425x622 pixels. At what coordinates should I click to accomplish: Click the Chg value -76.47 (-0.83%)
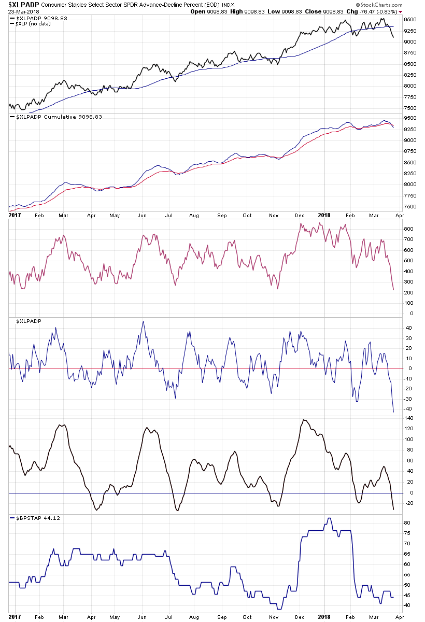pyautogui.click(x=375, y=11)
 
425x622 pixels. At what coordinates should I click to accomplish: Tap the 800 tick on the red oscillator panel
pyautogui.click(x=408, y=229)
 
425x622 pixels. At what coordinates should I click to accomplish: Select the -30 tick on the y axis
pyautogui.click(x=408, y=399)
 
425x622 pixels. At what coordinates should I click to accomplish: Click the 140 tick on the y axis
pyautogui.click(x=408, y=418)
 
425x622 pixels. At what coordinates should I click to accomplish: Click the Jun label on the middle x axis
pyautogui.click(x=141, y=214)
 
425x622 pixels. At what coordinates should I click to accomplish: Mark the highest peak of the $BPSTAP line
pyautogui.click(x=328, y=518)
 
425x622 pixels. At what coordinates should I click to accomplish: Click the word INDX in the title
pyautogui.click(x=229, y=5)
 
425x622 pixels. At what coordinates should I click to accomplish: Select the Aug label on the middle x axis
pyautogui.click(x=194, y=214)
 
